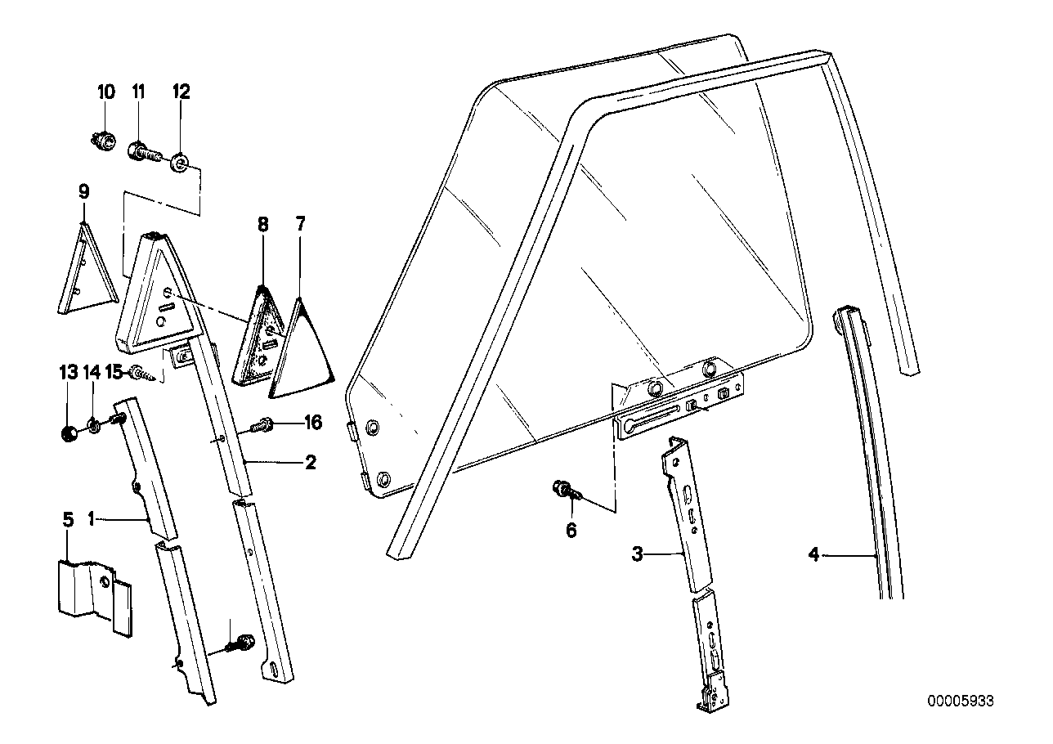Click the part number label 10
(106, 92)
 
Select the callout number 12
(180, 92)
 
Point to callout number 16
(312, 423)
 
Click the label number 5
(68, 519)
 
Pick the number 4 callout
(813, 555)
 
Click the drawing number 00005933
(961, 701)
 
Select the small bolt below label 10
(103, 142)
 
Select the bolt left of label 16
(264, 425)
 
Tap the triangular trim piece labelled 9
(83, 270)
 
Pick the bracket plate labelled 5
(92, 590)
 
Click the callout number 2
(310, 463)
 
